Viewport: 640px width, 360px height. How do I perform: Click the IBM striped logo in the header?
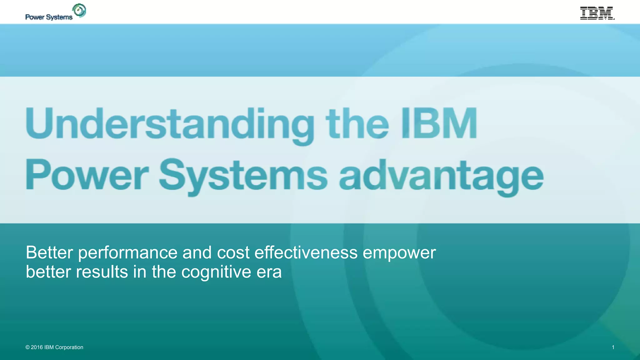pos(597,13)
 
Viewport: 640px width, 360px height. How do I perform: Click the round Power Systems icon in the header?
pos(79,11)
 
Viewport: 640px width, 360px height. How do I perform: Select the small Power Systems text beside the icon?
pos(49,17)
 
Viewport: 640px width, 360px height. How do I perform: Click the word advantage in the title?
pos(441,176)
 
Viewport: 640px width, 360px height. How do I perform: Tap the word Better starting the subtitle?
pos(49,252)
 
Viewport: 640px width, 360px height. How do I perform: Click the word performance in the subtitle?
pos(127,253)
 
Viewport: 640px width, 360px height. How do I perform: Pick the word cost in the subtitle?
pos(233,252)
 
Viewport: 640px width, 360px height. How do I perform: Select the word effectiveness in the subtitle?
pos(306,252)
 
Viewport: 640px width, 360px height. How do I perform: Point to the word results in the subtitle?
pos(102,272)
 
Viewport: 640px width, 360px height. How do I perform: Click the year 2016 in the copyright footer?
pos(37,347)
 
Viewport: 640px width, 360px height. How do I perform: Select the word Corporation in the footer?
pos(69,347)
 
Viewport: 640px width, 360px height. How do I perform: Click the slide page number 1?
pos(613,347)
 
